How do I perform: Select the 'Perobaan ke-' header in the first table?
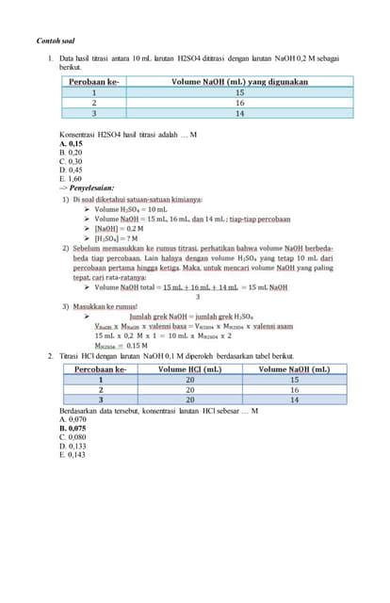(94, 82)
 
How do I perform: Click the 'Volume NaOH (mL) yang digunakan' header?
(240, 82)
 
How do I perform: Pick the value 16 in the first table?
(240, 103)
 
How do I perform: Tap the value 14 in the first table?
(240, 113)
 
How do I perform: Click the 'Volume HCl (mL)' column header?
(190, 369)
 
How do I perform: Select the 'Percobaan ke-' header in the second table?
(101, 369)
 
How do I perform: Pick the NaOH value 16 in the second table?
(294, 389)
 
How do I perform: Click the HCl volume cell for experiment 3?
(190, 399)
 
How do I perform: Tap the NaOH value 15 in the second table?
(294, 380)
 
